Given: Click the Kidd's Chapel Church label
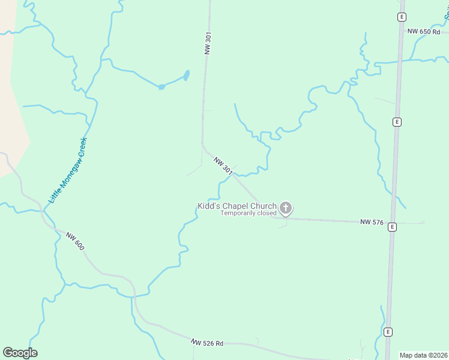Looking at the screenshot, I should click(x=237, y=206).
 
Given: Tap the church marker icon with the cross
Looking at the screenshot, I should click(x=286, y=208).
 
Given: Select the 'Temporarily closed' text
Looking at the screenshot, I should click(x=248, y=213).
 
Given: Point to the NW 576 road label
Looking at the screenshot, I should click(x=372, y=222).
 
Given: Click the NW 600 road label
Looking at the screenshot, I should click(x=75, y=241).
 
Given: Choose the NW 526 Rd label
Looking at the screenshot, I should click(x=207, y=343).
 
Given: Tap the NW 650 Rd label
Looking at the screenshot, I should click(x=422, y=31).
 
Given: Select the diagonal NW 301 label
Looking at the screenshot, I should click(x=223, y=166).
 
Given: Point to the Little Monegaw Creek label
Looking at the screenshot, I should click(x=68, y=170).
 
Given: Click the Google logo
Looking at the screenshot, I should click(x=20, y=353).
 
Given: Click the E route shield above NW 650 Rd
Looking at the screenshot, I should click(x=402, y=17).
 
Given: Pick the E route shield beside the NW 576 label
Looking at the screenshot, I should click(x=391, y=227).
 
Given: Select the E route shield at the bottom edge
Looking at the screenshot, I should click(x=388, y=332).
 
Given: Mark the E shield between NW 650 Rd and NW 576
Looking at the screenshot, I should click(x=396, y=122).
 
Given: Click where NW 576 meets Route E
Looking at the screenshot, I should click(x=391, y=222).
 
